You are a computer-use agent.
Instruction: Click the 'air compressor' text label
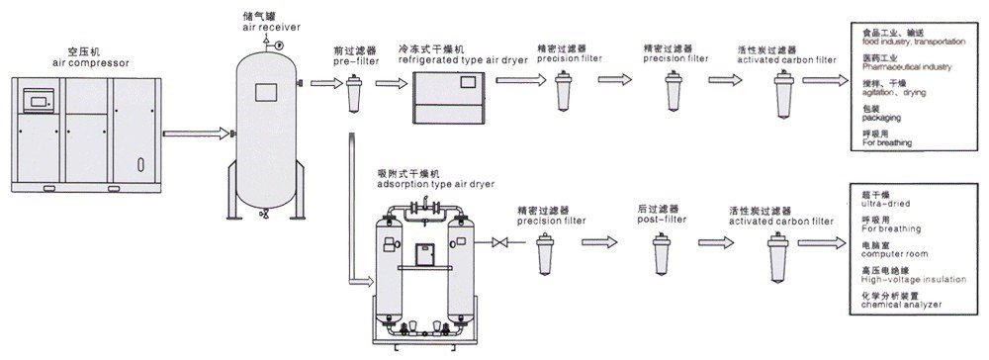90,61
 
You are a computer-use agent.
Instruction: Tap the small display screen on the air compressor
40,100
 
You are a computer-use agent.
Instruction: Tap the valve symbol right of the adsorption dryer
503,243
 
